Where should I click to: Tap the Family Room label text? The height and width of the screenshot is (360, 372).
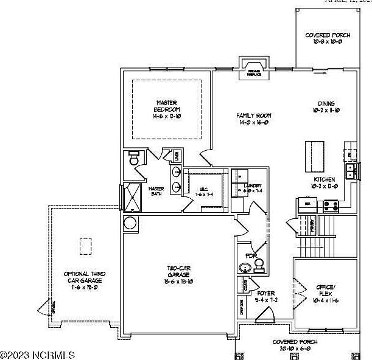click(253, 119)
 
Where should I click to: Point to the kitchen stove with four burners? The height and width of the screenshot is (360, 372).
click(331, 206)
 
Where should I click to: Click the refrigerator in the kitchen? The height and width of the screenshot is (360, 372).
click(307, 206)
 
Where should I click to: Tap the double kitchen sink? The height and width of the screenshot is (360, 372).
click(351, 171)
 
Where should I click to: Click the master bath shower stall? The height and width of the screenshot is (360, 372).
click(132, 197)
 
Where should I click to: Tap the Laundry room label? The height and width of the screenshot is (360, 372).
click(252, 189)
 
